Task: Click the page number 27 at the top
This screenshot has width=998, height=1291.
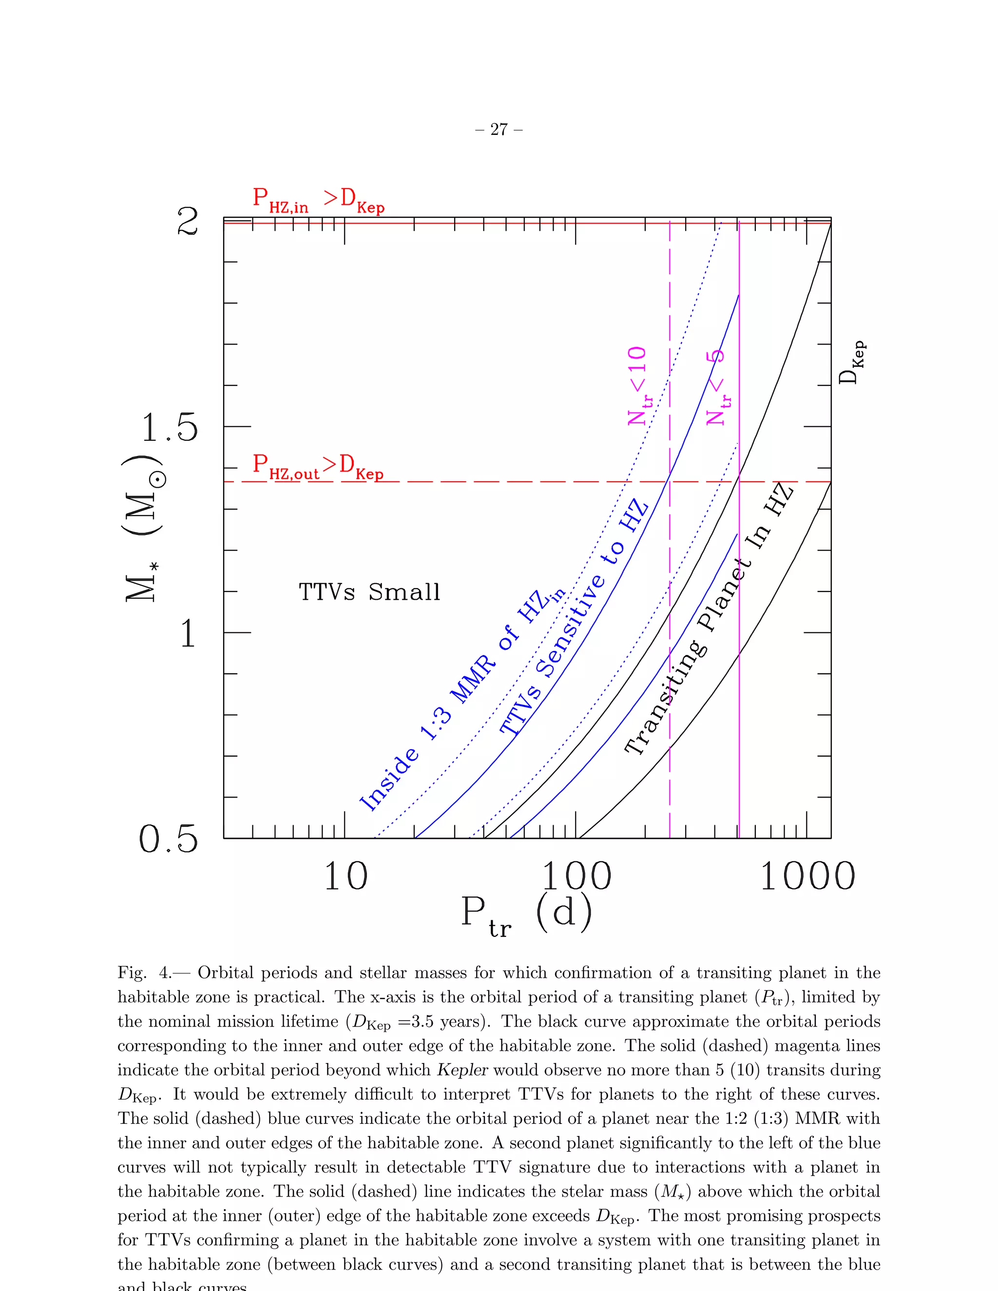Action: (x=499, y=130)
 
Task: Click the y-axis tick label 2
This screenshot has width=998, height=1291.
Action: (x=188, y=222)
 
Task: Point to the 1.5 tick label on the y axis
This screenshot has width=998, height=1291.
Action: (x=170, y=427)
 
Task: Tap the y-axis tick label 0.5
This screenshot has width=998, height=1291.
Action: (x=168, y=839)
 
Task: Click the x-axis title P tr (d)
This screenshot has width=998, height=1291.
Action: (x=526, y=914)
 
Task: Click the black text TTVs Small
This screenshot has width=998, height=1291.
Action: (x=369, y=592)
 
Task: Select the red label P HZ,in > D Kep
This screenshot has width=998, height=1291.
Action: (x=318, y=200)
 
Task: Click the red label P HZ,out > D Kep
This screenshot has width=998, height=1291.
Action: (x=318, y=466)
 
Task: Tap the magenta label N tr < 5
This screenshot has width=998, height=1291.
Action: (x=717, y=387)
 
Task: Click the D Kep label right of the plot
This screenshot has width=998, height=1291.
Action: (x=852, y=362)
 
